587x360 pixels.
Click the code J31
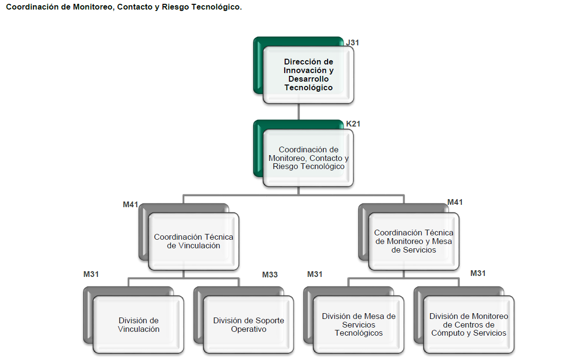(352, 42)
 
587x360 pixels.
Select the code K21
(353, 124)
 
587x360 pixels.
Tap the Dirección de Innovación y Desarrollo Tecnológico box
(309, 75)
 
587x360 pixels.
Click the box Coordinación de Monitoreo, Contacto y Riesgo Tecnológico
(309, 158)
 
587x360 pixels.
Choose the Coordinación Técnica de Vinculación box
(193, 241)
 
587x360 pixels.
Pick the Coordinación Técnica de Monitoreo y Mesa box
(414, 241)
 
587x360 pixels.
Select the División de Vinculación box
(139, 325)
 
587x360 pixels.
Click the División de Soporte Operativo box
(248, 325)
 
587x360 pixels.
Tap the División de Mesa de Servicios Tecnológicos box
(359, 325)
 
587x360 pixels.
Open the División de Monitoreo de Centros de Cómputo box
(469, 325)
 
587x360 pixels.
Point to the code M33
(270, 275)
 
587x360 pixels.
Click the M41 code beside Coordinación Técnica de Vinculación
(130, 205)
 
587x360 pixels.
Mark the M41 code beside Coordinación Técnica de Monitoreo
(455, 202)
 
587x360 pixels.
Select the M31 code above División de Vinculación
(91, 274)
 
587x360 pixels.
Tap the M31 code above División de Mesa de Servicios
(315, 274)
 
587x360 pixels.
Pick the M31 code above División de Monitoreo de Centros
(478, 273)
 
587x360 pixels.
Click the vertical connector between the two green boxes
(299, 112)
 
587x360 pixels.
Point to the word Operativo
(248, 329)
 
